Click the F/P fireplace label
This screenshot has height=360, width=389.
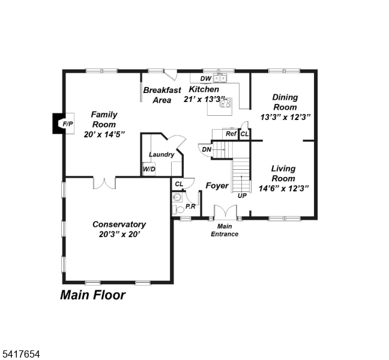click(67, 124)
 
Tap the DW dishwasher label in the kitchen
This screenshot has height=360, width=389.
click(205, 79)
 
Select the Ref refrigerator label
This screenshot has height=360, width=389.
click(231, 134)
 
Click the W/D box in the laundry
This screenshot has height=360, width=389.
click(148, 170)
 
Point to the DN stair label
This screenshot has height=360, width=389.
click(207, 149)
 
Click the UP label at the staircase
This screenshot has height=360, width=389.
click(243, 196)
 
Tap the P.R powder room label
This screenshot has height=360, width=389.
click(190, 206)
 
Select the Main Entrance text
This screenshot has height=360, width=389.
click(224, 230)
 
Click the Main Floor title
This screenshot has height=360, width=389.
click(92, 295)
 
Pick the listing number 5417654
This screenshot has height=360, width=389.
click(20, 355)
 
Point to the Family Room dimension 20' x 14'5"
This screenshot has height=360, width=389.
click(104, 134)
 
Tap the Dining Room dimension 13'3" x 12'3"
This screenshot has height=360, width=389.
click(285, 117)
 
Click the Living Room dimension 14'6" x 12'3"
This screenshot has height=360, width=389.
click(283, 188)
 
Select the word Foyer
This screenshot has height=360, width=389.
click(217, 185)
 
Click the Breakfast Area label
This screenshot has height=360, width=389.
click(162, 95)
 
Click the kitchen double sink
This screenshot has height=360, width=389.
click(222, 78)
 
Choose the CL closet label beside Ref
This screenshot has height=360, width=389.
click(244, 134)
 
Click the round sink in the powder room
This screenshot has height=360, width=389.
click(177, 197)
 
